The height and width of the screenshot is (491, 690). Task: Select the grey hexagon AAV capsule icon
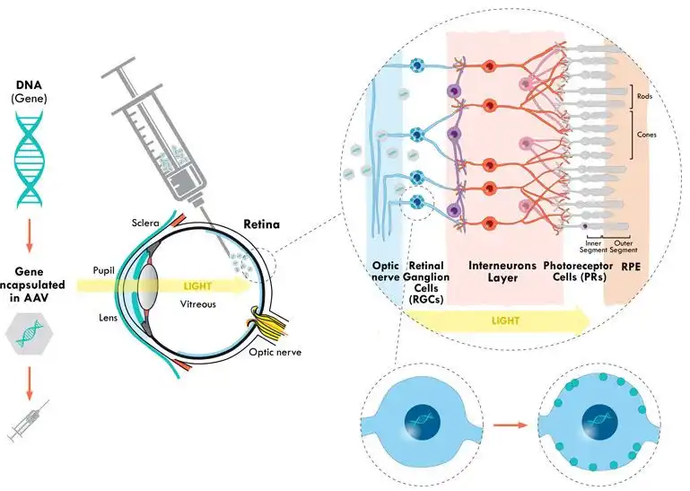click(x=31, y=333)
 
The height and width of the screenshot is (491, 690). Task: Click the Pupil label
click(x=107, y=268)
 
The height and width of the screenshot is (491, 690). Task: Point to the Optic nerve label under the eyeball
click(x=275, y=353)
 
